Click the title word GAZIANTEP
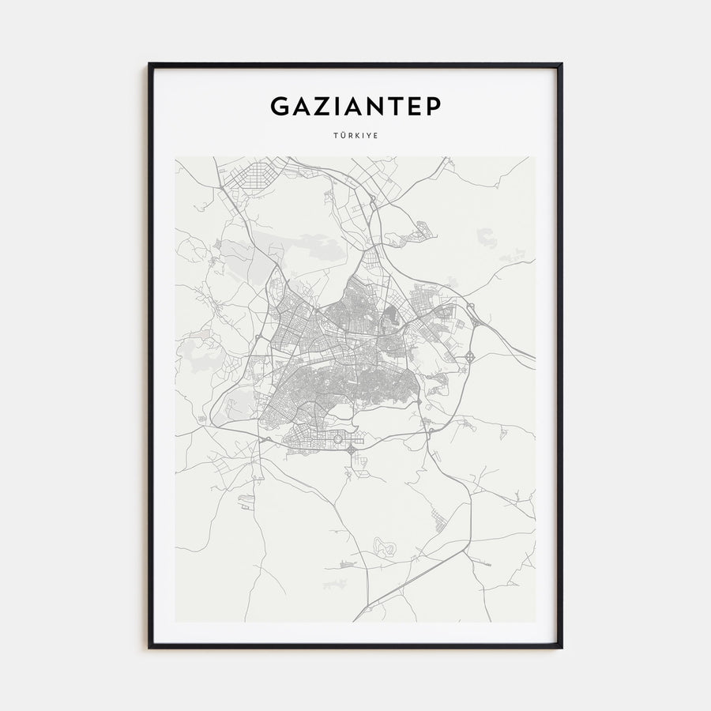(355, 106)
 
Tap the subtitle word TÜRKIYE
(355, 136)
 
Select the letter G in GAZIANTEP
(280, 106)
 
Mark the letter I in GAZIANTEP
(337, 106)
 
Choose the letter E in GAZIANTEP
(414, 106)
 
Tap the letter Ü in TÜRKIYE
(342, 136)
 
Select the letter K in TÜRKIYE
(356, 136)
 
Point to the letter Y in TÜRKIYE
(369, 136)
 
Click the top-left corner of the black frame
(149, 64)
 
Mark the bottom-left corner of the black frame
(149, 647)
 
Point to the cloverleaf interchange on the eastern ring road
(470, 357)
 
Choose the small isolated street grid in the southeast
(441, 519)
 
